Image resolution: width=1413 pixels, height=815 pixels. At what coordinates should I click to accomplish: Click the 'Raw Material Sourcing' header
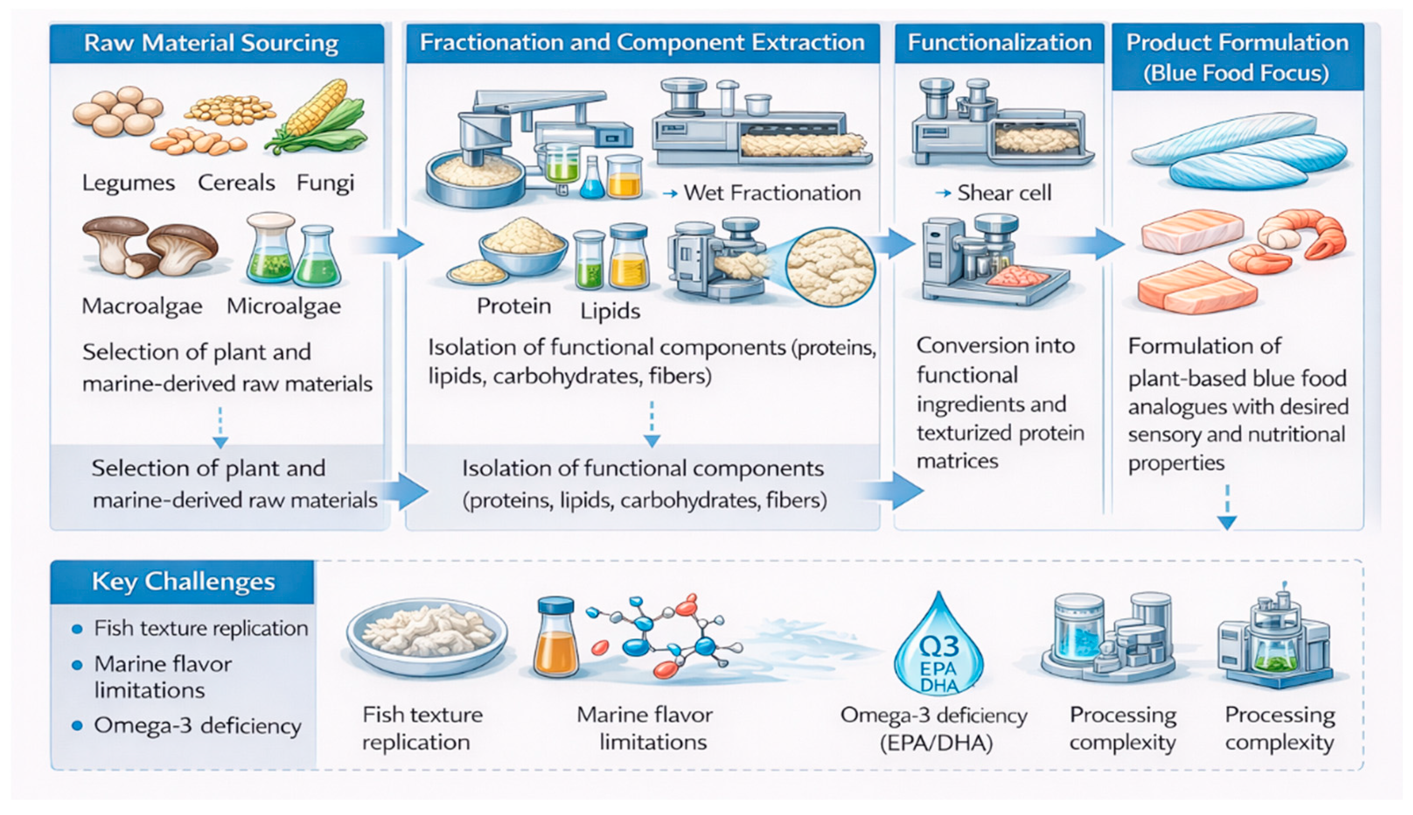pos(211,43)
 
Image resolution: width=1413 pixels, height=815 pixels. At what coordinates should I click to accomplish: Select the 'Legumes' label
pos(128,183)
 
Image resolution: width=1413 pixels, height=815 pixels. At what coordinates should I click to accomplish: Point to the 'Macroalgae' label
pos(142,306)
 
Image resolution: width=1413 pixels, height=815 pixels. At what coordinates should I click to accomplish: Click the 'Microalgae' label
pos(284,306)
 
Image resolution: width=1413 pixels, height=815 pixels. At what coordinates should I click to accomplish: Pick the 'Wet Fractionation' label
pos(772,193)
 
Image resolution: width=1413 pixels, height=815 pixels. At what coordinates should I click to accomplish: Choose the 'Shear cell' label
pos(1004,193)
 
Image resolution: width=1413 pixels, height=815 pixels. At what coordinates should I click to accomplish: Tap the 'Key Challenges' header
pos(183,582)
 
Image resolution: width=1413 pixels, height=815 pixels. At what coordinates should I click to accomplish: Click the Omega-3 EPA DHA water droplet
pos(938,649)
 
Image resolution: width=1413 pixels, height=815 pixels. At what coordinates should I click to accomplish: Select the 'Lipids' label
pos(610,311)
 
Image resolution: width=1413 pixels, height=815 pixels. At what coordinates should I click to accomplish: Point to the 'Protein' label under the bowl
pos(514,306)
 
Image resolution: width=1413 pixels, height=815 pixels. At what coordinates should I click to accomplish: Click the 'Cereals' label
pos(236,183)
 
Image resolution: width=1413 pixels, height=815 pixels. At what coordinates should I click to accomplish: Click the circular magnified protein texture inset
pos(829,267)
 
